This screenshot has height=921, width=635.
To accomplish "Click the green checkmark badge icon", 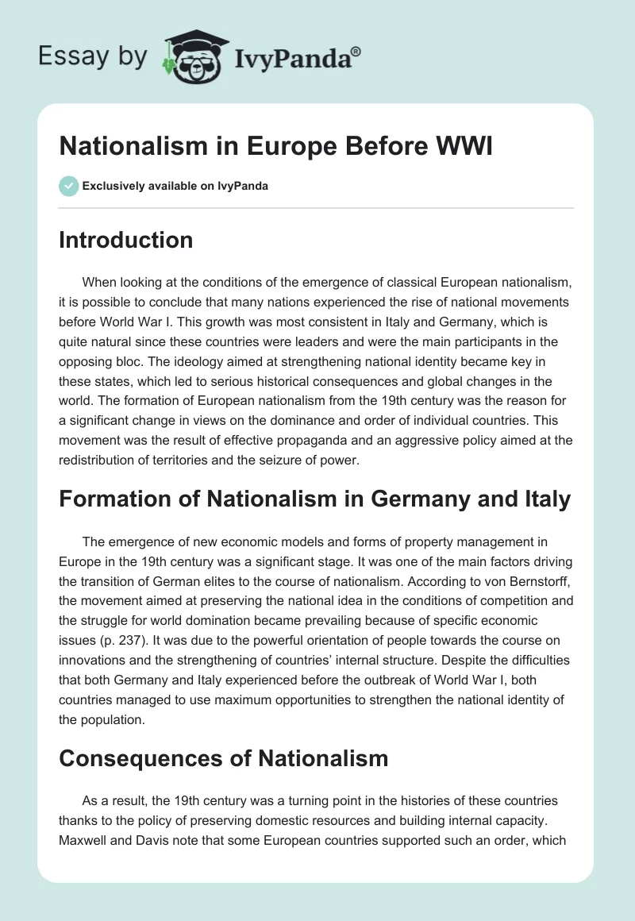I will pos(68,187).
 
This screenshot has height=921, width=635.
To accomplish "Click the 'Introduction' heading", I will pos(125,240).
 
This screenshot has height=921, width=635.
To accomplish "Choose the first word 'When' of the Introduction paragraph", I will pos(100,283).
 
